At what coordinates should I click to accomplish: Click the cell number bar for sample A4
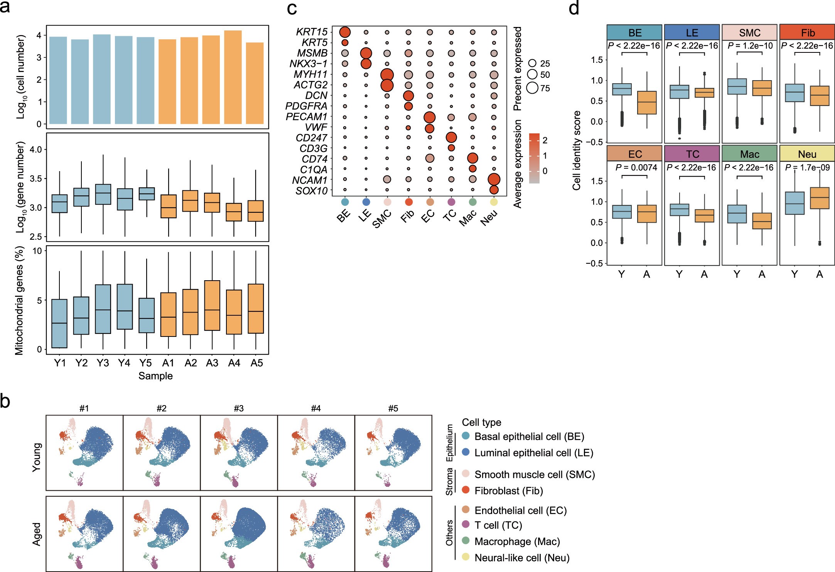pos(233,77)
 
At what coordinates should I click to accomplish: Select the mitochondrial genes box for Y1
pos(59,323)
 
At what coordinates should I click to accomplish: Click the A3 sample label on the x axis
pos(212,363)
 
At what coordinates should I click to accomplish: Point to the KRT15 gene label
pos(312,32)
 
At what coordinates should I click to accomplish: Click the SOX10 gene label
pos(312,191)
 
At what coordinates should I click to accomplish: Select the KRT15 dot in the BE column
pos(345,32)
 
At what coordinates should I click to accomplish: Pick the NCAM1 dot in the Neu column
pos(494,179)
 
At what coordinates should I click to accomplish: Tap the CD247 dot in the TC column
pos(451,137)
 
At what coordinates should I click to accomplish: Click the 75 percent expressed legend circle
pos(533,88)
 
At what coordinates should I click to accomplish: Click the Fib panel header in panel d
pos(807,32)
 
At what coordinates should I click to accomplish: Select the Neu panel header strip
pos(807,154)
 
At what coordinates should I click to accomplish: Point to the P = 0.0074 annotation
pos(636,167)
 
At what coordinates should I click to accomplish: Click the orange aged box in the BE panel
pos(647,103)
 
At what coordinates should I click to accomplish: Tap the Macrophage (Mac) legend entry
pos(517,542)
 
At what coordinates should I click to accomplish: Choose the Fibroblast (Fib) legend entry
pos(508,491)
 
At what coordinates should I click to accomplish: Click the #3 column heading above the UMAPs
pos(239,408)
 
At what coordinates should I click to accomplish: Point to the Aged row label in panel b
pos(37,534)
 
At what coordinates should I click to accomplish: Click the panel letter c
pos(292,8)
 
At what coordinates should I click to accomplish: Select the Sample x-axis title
pos(155,376)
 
